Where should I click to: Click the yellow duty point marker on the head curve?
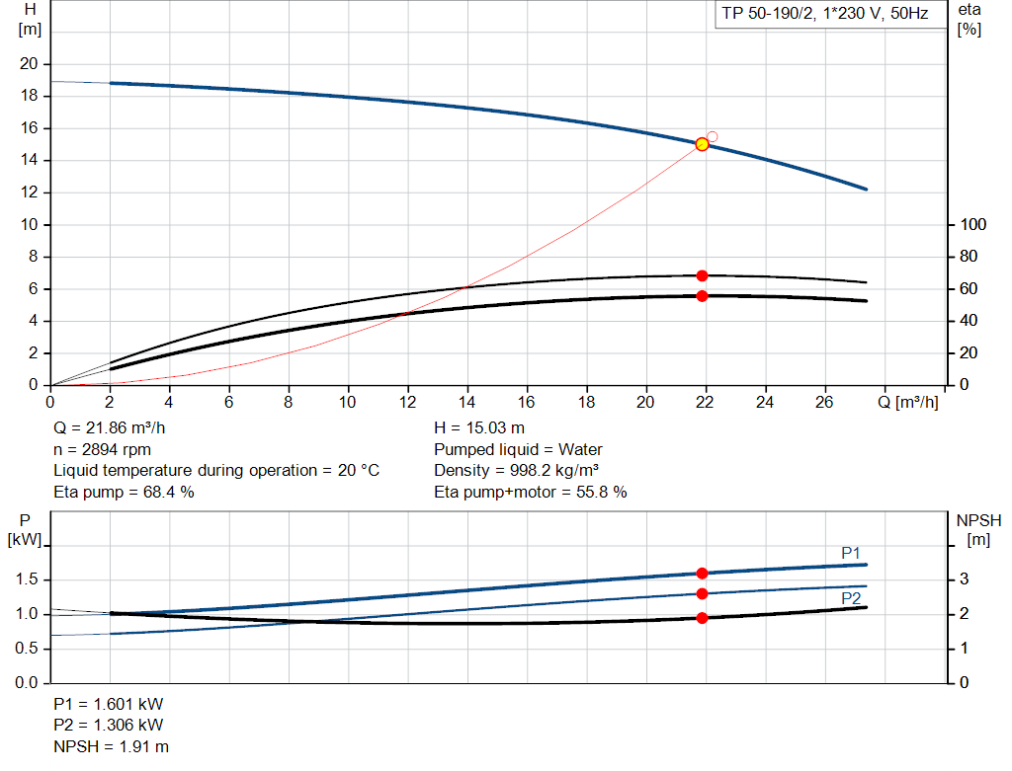[x=702, y=144]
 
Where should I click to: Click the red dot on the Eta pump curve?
[x=702, y=275]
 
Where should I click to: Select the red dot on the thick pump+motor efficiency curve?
[x=702, y=296]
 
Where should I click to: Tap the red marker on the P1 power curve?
[x=702, y=574]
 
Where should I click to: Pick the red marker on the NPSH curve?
[x=702, y=618]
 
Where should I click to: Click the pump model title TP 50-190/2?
[x=825, y=16]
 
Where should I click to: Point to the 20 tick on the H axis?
[x=30, y=64]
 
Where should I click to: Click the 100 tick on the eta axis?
[x=973, y=225]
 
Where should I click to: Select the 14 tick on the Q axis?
[x=467, y=402]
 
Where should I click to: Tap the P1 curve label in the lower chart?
[x=851, y=553]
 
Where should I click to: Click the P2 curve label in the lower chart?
[x=851, y=598]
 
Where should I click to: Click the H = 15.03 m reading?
[x=479, y=428]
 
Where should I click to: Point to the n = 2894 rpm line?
[x=102, y=449]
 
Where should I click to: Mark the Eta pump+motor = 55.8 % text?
[x=531, y=492]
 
